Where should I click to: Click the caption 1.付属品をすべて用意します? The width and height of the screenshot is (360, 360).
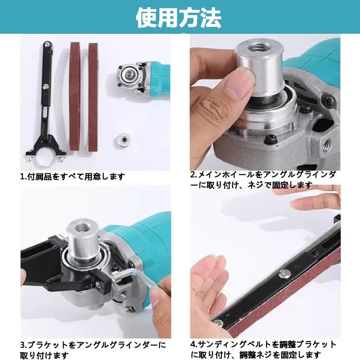72,176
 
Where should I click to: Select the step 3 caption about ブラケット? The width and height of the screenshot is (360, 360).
93,349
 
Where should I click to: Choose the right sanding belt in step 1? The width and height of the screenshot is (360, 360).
93,97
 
